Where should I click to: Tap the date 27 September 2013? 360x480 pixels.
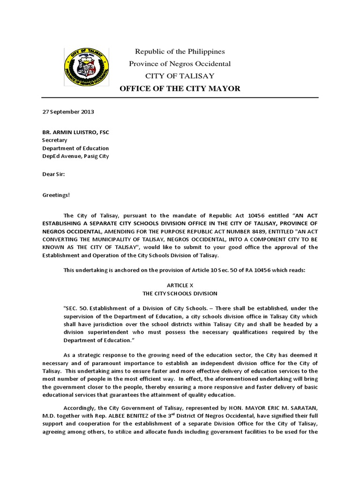68,112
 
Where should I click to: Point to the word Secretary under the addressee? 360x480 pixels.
55,140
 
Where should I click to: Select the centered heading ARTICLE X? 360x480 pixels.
180,285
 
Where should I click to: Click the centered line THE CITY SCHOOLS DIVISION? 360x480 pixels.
180,293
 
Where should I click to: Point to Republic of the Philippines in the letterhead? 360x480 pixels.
180,51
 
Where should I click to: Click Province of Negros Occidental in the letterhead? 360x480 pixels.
180,63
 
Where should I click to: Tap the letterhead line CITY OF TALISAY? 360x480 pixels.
180,75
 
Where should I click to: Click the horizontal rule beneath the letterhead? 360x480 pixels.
180,97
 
